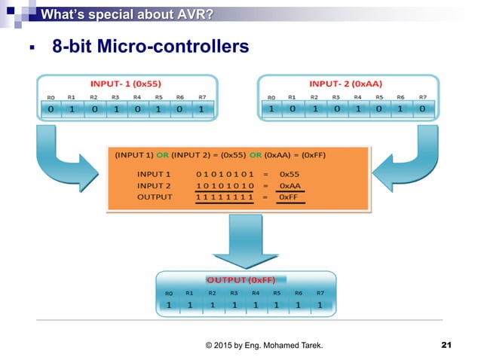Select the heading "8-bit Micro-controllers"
coord(150,47)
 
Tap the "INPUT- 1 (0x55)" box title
coord(126,82)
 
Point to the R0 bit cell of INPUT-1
coord(50,109)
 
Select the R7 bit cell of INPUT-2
coord(422,109)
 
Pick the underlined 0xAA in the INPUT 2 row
coord(290,185)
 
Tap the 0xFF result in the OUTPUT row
coord(289,197)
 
